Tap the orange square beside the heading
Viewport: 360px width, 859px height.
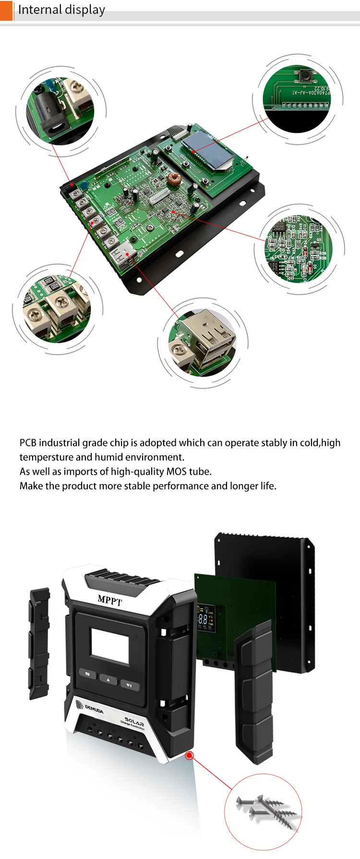(6, 10)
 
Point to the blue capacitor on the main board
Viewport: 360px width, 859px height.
(84, 185)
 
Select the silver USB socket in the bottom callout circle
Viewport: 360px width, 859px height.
(211, 338)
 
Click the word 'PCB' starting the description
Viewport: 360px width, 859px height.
(28, 442)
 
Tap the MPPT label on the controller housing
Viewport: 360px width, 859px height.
(110, 599)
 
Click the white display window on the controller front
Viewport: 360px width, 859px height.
(110, 646)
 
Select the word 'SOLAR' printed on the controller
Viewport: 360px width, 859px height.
(134, 721)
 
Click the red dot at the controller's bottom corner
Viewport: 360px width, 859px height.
(190, 755)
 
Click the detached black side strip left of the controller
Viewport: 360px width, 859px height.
(39, 643)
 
